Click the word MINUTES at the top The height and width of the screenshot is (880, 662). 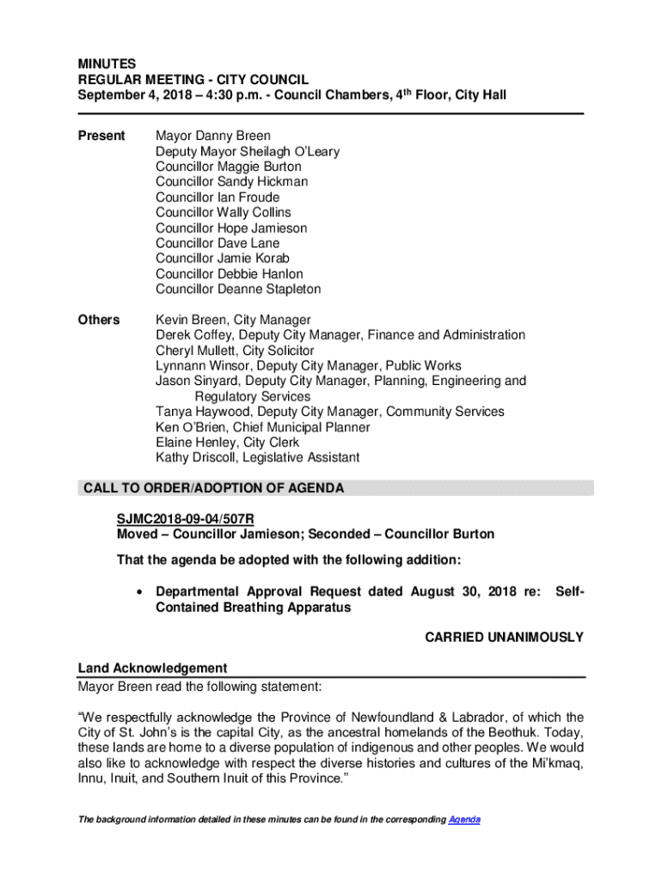[x=107, y=64]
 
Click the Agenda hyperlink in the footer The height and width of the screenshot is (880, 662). [x=464, y=820]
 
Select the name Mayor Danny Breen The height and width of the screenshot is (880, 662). [x=213, y=136]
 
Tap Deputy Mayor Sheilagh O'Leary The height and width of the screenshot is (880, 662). [x=248, y=151]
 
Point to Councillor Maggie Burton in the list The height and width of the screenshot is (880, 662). [x=229, y=167]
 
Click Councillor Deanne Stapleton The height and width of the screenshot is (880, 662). [x=238, y=290]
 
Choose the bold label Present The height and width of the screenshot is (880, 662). [x=101, y=136]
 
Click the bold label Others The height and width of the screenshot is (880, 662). [x=99, y=320]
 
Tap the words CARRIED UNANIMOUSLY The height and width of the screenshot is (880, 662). [x=505, y=638]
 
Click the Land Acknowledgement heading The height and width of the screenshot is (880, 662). [x=152, y=668]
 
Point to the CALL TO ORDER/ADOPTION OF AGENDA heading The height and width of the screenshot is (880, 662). [x=213, y=488]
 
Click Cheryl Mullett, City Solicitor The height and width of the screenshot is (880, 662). [x=235, y=351]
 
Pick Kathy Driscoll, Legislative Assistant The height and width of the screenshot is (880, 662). [x=257, y=458]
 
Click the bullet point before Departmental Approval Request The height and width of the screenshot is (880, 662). [x=138, y=592]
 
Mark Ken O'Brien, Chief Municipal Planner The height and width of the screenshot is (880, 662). [x=263, y=427]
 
